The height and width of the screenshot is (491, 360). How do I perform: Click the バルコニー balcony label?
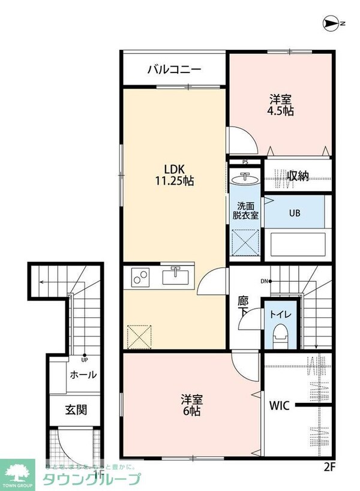(175, 70)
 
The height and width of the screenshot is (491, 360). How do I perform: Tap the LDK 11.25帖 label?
(175, 174)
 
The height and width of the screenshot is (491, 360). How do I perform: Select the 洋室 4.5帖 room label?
(280, 105)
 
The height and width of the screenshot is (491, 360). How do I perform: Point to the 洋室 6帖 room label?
(192, 406)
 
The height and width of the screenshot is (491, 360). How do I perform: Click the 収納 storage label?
(297, 176)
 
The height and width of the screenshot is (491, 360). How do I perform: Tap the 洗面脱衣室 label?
(246, 210)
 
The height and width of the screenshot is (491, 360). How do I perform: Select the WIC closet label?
(280, 406)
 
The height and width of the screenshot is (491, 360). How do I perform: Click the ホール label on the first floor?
(83, 375)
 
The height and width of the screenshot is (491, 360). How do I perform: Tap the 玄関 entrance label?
(76, 410)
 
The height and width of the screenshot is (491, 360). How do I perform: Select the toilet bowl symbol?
(280, 335)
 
